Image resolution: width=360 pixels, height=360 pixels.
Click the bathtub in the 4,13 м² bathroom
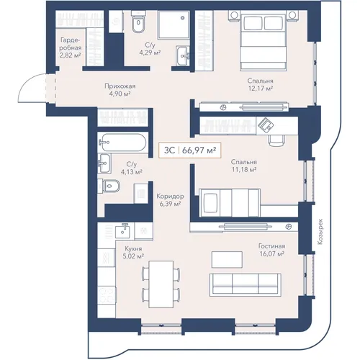122,143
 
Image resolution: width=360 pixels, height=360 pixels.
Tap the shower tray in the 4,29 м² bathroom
174,24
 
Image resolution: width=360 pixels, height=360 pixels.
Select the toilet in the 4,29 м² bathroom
138,24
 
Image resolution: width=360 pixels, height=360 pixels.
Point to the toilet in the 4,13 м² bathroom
109,186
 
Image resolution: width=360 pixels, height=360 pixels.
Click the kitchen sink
122,230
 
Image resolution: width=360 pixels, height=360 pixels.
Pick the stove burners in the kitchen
107,296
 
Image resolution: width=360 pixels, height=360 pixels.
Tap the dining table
161,284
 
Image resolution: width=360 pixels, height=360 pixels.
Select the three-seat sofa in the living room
246,285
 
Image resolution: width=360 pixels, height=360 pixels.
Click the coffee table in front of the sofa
227,259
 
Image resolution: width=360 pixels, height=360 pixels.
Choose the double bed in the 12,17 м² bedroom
264,42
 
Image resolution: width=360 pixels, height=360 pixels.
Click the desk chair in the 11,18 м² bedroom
276,140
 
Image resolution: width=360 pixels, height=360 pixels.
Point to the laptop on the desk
266,124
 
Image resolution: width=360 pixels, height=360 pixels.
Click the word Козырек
320,232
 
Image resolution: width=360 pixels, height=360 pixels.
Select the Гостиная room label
271,246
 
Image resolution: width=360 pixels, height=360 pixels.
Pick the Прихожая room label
120,86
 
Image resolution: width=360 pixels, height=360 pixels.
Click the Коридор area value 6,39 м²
170,204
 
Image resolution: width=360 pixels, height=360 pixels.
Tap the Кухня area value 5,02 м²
133,256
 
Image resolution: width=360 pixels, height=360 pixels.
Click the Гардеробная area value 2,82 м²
70,55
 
